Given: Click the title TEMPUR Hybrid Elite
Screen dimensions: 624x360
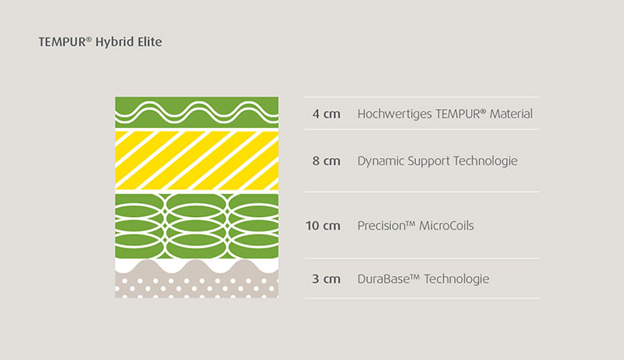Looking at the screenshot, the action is pyautogui.click(x=101, y=42).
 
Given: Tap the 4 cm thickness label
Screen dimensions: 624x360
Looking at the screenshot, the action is pyautogui.click(x=326, y=114).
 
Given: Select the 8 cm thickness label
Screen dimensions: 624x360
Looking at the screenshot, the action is pyautogui.click(x=326, y=160).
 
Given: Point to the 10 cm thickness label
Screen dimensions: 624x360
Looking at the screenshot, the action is pyautogui.click(x=323, y=225).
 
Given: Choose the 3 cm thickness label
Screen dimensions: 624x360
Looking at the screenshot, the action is pyautogui.click(x=326, y=279).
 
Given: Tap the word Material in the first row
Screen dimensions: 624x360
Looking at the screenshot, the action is pyautogui.click(x=511, y=114).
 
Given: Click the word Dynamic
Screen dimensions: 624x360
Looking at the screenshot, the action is pyautogui.click(x=380, y=161).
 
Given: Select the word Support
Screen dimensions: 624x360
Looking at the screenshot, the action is pyautogui.click(x=428, y=161).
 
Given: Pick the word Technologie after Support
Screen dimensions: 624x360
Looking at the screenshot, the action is pyautogui.click(x=486, y=161).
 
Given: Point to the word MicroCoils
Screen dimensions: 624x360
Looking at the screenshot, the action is pyautogui.click(x=447, y=225).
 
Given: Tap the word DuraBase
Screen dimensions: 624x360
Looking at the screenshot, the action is pyautogui.click(x=389, y=279).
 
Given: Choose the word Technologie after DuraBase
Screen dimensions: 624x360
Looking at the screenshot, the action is pyautogui.click(x=457, y=279).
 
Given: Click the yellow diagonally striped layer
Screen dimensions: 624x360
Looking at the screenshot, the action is pyautogui.click(x=196, y=160).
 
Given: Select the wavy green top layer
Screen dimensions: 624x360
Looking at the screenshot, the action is pyautogui.click(x=196, y=112).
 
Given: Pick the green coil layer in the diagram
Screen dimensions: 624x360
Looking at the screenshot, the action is pyautogui.click(x=196, y=226).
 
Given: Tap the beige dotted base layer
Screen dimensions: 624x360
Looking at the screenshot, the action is pyautogui.click(x=196, y=284).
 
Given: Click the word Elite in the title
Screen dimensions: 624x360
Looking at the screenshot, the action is pyautogui.click(x=150, y=42).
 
